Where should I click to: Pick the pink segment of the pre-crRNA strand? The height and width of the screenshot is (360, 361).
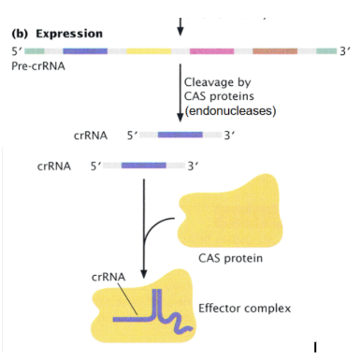coord(211,50)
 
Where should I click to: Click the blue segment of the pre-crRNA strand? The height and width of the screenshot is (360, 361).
coord(85,50)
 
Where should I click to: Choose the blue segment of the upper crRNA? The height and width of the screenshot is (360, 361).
coord(180,135)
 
